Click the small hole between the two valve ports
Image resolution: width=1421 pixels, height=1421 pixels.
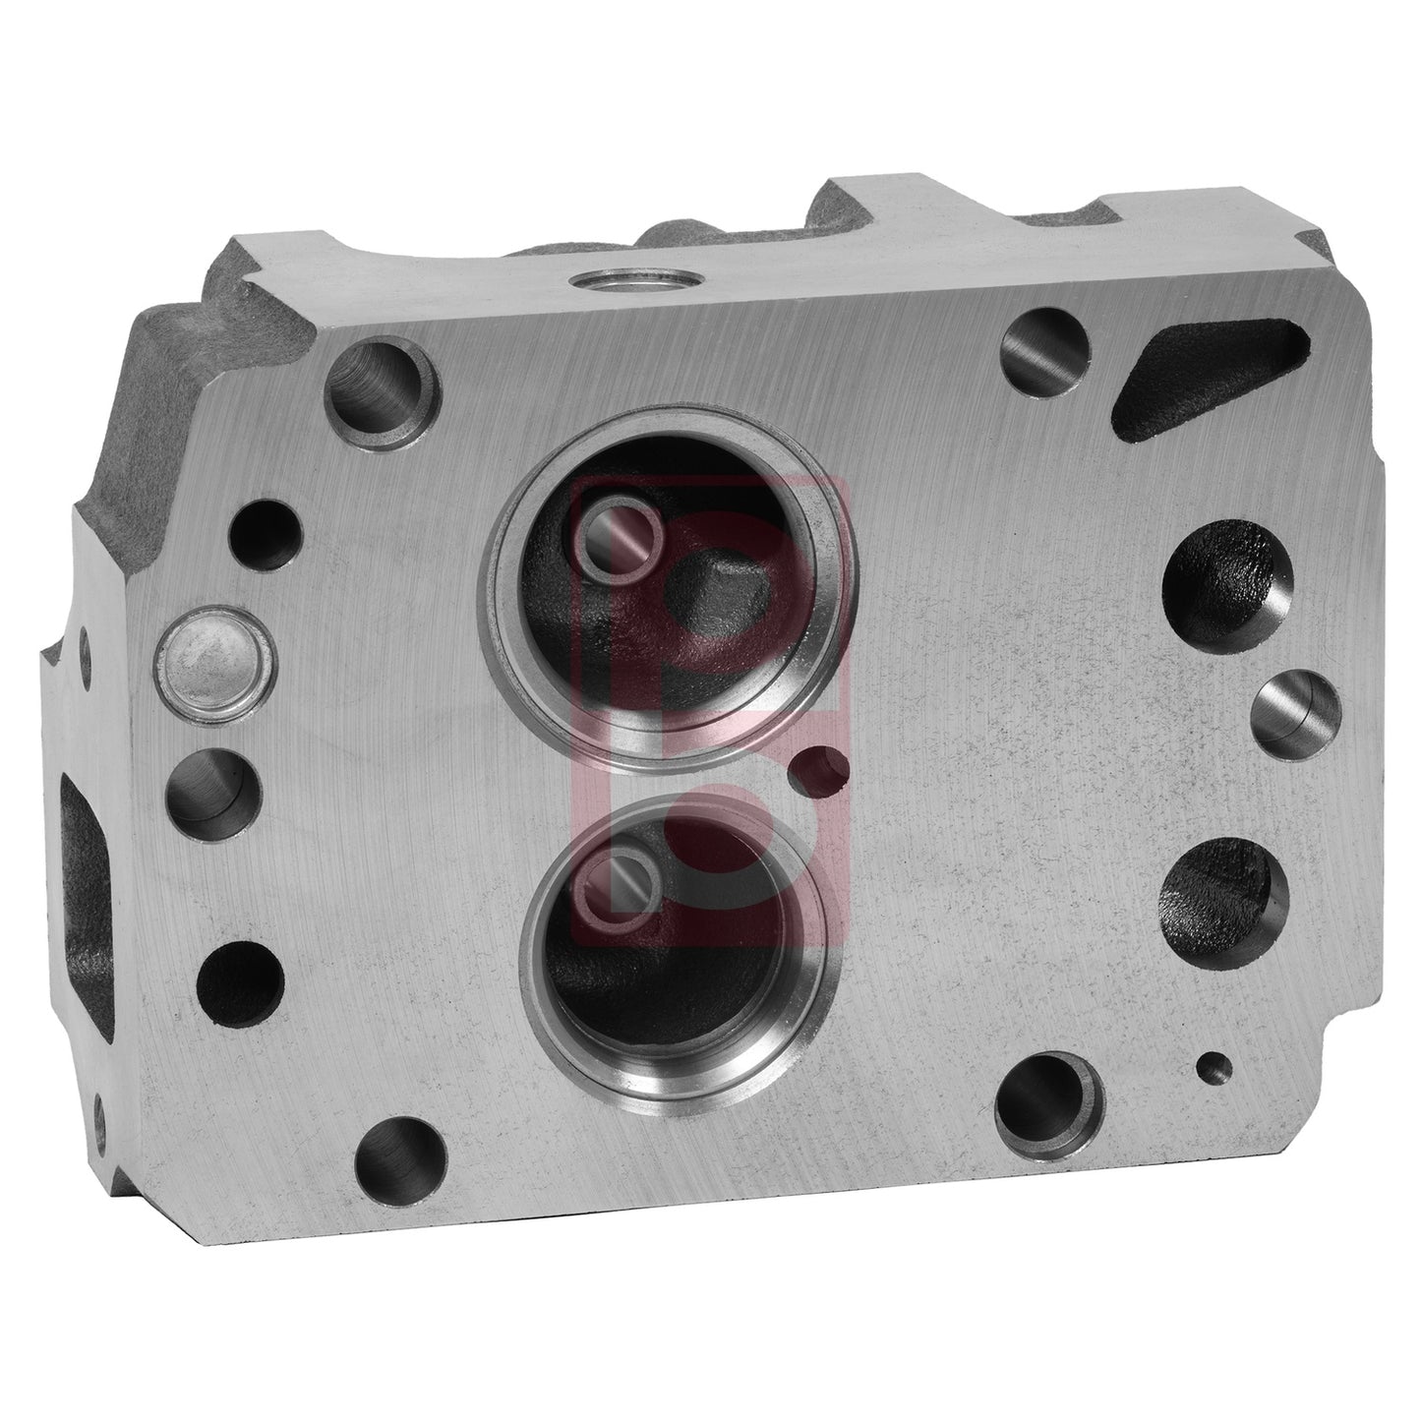[822, 774]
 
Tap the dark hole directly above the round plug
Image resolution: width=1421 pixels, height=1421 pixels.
[263, 538]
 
